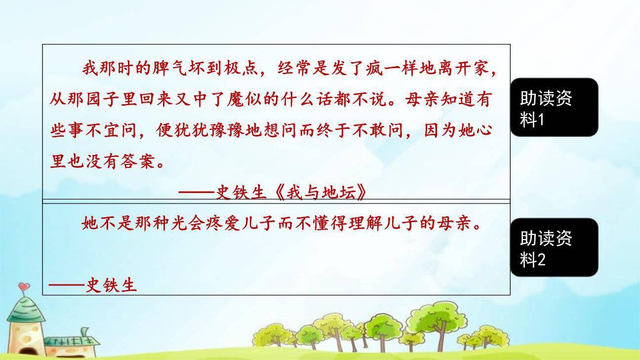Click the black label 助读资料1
coord(554,107)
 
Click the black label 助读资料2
coord(554,247)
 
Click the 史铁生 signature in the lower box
coord(111,285)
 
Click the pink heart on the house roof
coord(24,287)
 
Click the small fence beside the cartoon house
coord(69,341)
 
